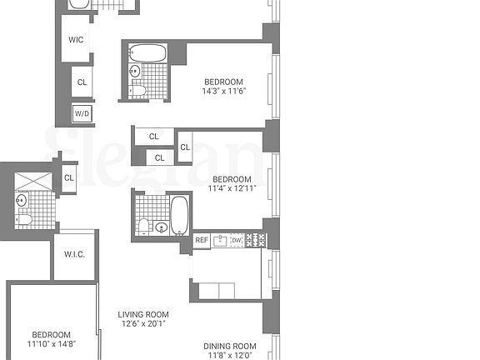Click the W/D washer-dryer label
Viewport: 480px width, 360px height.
coord(82,113)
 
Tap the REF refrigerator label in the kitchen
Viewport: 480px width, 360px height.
coord(202,241)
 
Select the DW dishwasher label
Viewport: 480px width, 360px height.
coord(237,241)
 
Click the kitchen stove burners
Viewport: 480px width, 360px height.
coord(257,241)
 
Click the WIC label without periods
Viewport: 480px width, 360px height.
coord(76,40)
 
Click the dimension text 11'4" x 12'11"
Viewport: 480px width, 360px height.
coord(231,189)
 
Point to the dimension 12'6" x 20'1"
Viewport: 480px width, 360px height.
coord(144,323)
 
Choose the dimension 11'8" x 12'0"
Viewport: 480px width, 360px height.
coord(230,355)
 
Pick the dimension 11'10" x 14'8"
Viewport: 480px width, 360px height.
coord(52,342)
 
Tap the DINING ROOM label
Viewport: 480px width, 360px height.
coord(230,345)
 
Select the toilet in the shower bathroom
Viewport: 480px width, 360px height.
coord(25,219)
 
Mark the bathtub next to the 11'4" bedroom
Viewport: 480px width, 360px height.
coord(179,214)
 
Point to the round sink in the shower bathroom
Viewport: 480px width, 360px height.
coord(21,200)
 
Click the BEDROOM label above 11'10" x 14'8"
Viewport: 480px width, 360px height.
coord(52,332)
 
